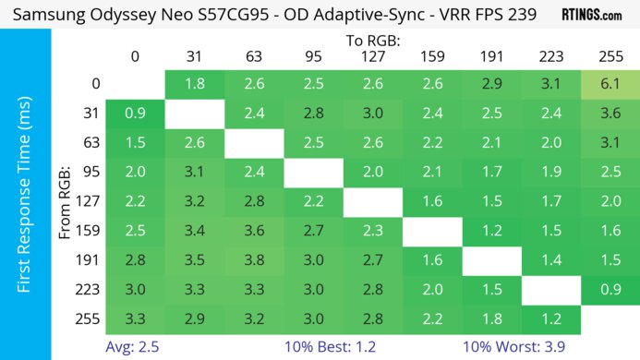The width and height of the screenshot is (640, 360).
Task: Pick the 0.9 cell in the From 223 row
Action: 610,291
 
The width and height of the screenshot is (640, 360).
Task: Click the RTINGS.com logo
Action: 592,15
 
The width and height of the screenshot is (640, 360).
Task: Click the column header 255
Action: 610,56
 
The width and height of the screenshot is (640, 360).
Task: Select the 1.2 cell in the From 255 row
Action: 551,320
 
